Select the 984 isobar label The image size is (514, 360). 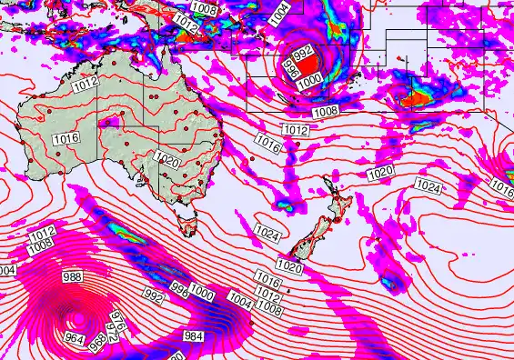click(x=194, y=335)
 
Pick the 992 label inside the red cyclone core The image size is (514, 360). click(x=305, y=53)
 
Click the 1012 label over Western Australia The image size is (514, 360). click(x=86, y=84)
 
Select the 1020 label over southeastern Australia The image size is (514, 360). click(x=166, y=161)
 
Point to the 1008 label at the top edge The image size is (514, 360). click(x=205, y=10)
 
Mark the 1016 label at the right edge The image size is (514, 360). click(x=503, y=186)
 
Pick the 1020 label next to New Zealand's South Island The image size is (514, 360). click(x=289, y=267)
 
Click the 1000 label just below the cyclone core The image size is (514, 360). click(x=309, y=81)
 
